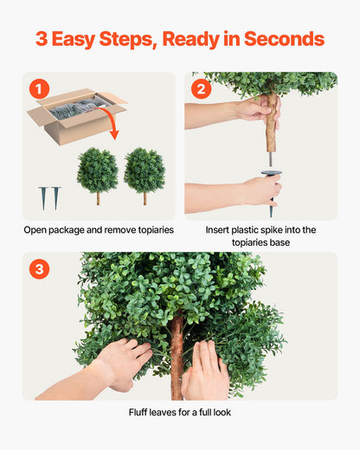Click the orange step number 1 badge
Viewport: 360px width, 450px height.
(39, 89)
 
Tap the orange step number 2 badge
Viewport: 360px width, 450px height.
(202, 89)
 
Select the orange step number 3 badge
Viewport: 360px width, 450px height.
(39, 269)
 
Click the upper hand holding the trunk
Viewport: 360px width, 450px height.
(258, 111)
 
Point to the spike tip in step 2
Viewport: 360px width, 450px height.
(271, 210)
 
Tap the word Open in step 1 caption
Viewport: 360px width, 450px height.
(38, 230)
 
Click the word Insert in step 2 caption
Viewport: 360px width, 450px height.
(221, 230)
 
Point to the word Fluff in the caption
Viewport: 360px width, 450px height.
(141, 412)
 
